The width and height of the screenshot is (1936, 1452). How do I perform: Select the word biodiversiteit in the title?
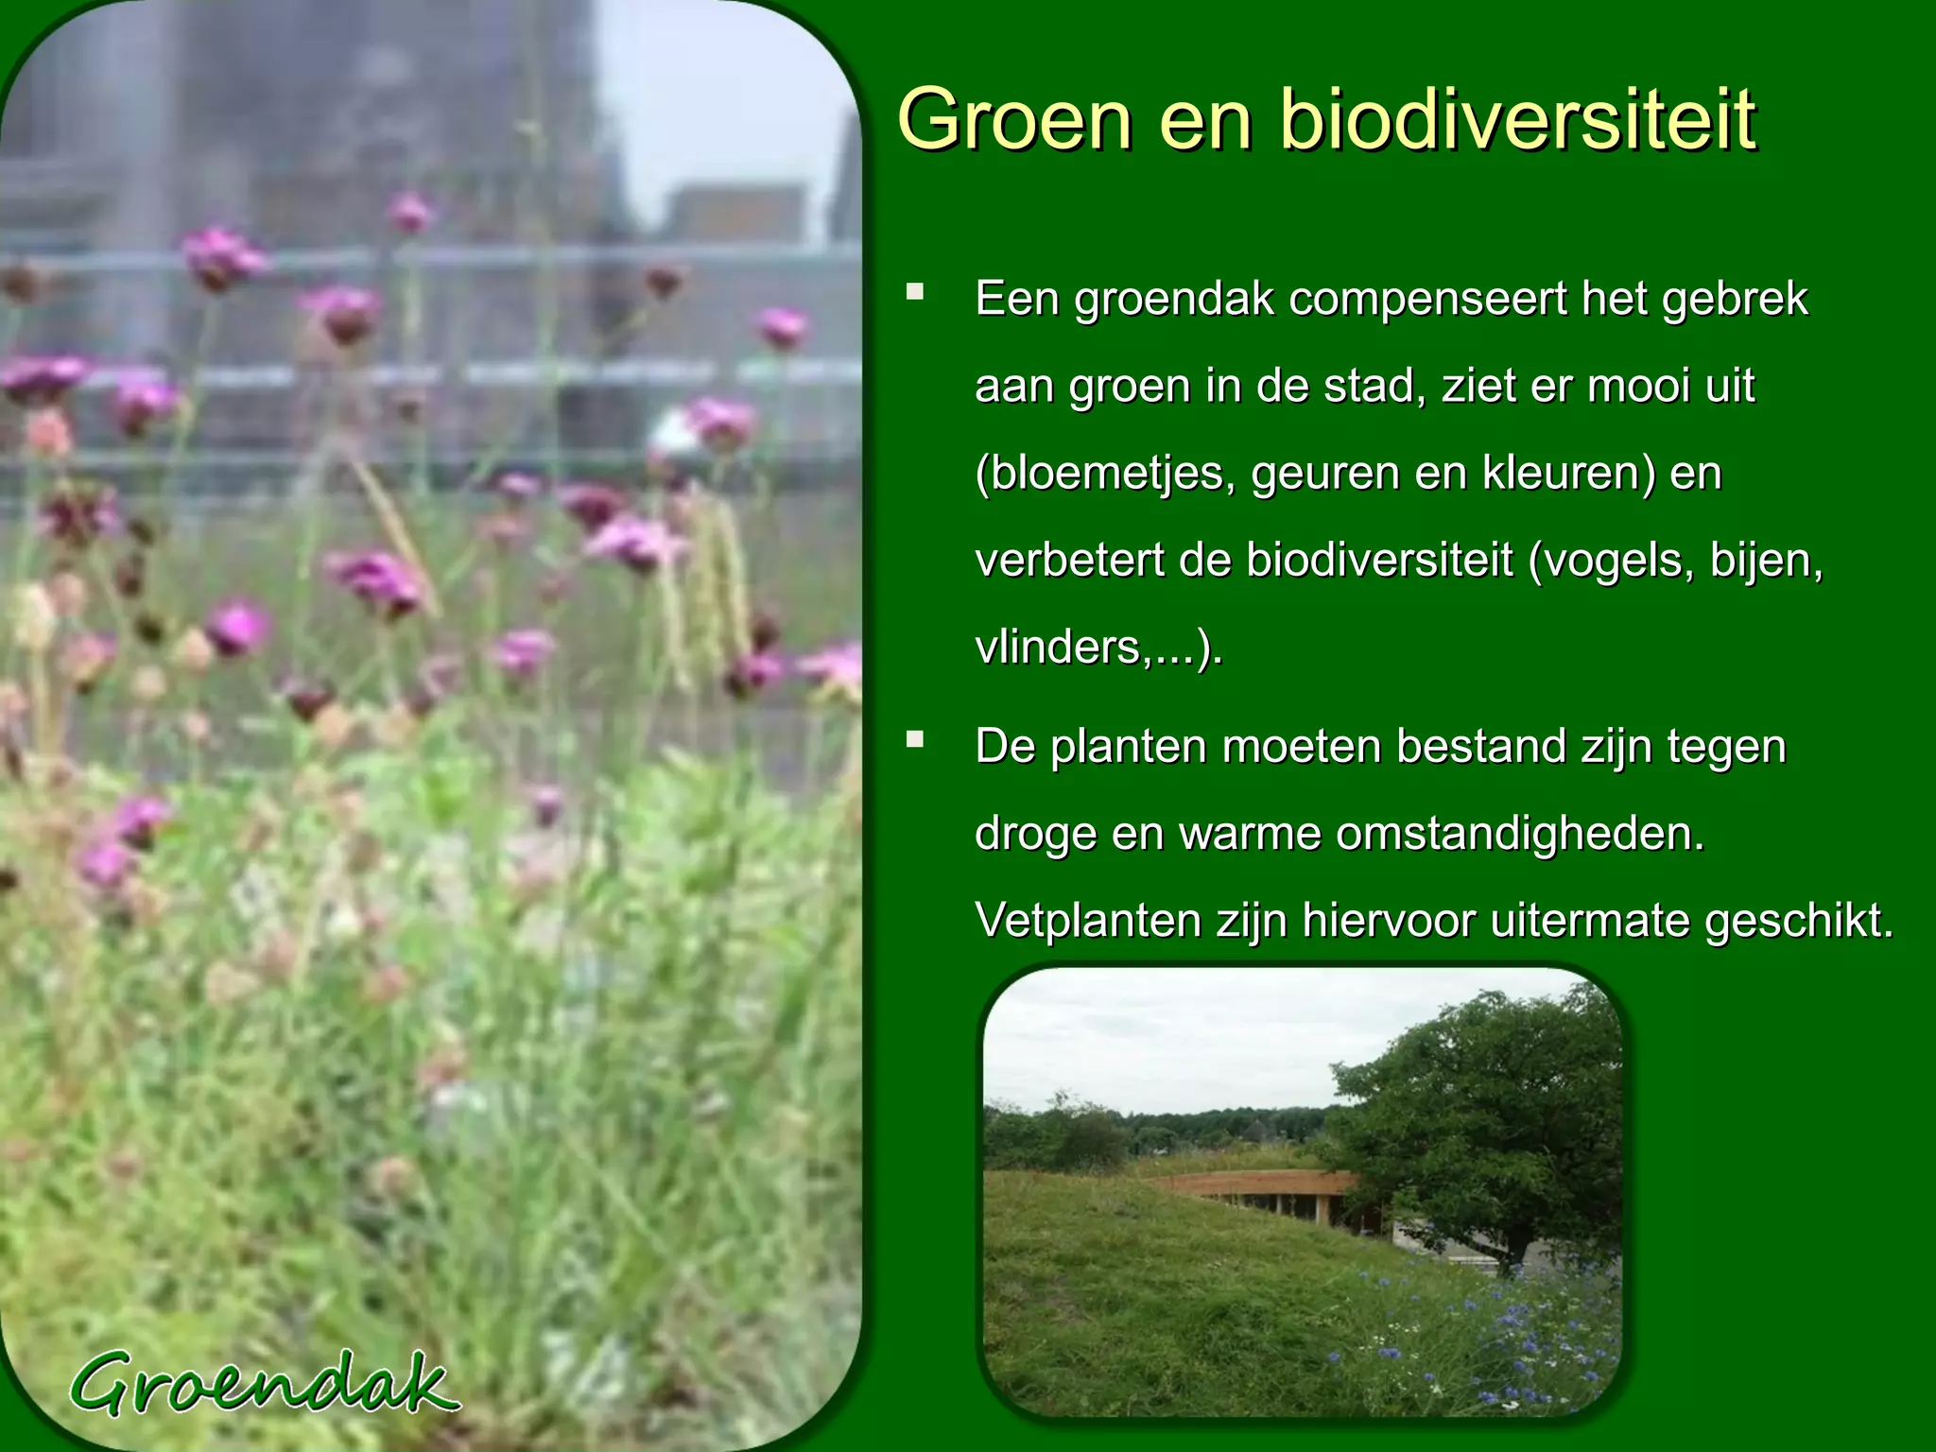coord(1517,120)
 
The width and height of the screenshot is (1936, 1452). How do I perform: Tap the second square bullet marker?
coord(914,739)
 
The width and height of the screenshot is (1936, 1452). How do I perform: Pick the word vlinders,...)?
coord(1098,648)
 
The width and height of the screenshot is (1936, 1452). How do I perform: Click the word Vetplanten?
coord(1087,921)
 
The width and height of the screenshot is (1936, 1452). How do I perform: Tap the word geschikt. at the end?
coord(1799,921)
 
